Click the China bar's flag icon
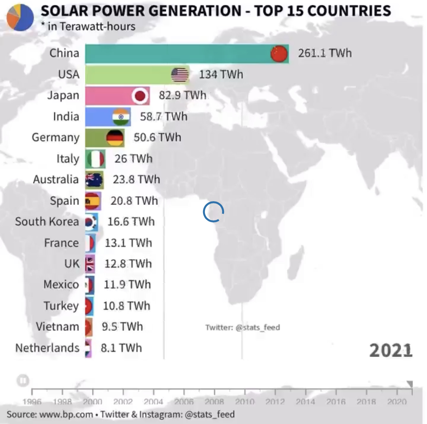279,54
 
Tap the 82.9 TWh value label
182,95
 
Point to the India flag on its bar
121,117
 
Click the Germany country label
55,137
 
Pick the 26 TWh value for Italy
133,158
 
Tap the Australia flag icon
94,180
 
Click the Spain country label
65,200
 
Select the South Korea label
47,221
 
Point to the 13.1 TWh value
128,243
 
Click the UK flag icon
90,264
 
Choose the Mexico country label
61,284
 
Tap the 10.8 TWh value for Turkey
126,306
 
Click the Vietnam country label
57,326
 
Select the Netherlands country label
47,348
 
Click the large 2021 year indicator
391,350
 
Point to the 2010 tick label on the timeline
244,402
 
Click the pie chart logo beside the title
20,17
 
